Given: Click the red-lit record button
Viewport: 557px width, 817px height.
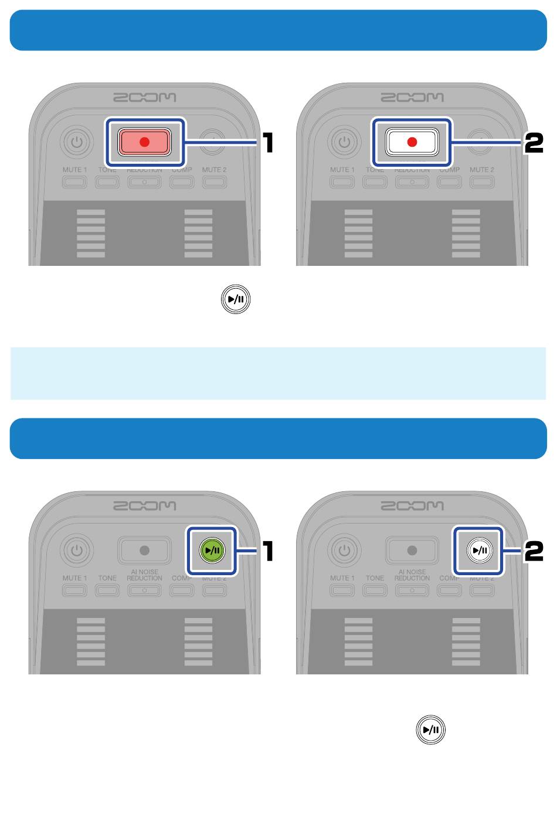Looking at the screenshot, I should [x=144, y=142].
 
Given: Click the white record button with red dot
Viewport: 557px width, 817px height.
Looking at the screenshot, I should [x=412, y=142].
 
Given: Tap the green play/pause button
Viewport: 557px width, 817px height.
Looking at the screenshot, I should [x=212, y=551].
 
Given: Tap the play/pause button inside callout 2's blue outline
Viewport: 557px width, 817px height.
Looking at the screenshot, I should [x=479, y=551].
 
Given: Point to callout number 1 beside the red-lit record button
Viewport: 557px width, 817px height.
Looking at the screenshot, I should [x=267, y=143].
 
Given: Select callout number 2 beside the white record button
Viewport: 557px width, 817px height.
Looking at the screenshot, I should [x=534, y=143].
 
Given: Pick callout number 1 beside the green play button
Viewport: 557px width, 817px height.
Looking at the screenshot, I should [x=267, y=551].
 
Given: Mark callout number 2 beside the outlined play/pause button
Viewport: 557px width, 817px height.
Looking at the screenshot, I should [x=534, y=551].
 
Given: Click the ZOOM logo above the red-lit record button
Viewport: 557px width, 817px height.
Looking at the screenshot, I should [x=144, y=97].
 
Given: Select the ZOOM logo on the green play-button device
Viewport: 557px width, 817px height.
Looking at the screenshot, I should [x=144, y=505].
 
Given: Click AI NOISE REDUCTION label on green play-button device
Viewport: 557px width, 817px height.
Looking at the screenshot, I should [x=144, y=575].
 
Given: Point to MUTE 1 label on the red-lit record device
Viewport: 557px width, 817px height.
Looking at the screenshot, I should [x=74, y=170].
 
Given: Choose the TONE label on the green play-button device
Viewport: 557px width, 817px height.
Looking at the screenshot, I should [x=107, y=578].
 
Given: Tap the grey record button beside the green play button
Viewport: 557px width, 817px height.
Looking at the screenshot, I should [x=144, y=551].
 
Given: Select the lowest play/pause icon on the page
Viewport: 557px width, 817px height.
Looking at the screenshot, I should [x=430, y=730].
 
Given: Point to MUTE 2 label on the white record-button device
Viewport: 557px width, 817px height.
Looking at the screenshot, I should [x=481, y=170].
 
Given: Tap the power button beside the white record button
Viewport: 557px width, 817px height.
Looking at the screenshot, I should [x=344, y=142].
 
